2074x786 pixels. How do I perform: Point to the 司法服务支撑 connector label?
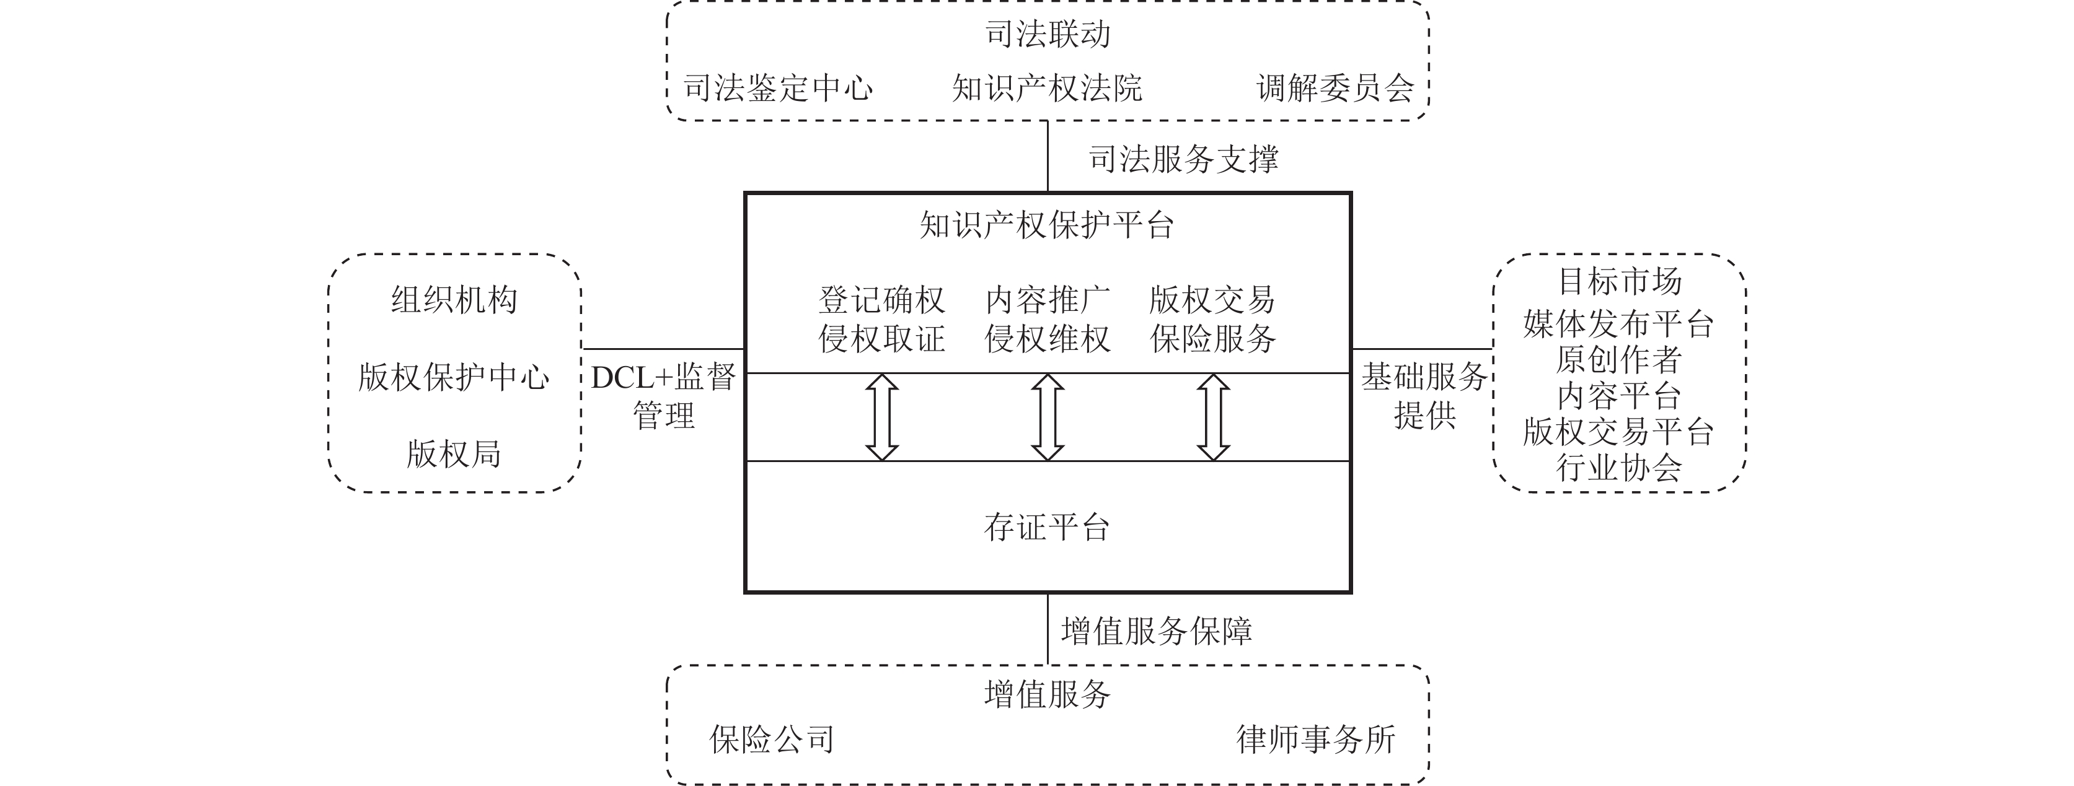point(1183,159)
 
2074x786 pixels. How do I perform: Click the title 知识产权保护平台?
point(1047,225)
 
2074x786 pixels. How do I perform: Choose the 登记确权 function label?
point(881,300)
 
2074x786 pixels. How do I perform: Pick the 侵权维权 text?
point(1047,339)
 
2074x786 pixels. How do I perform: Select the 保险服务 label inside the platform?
point(1212,339)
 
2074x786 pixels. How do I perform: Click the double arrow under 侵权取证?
point(881,417)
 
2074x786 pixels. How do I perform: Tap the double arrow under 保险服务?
point(1212,417)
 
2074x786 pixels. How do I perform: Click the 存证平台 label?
point(1047,528)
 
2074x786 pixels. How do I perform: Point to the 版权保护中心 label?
point(454,377)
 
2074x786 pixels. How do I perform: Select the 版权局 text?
point(454,455)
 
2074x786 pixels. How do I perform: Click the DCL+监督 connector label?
point(663,377)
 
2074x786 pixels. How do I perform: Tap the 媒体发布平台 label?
point(1618,324)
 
